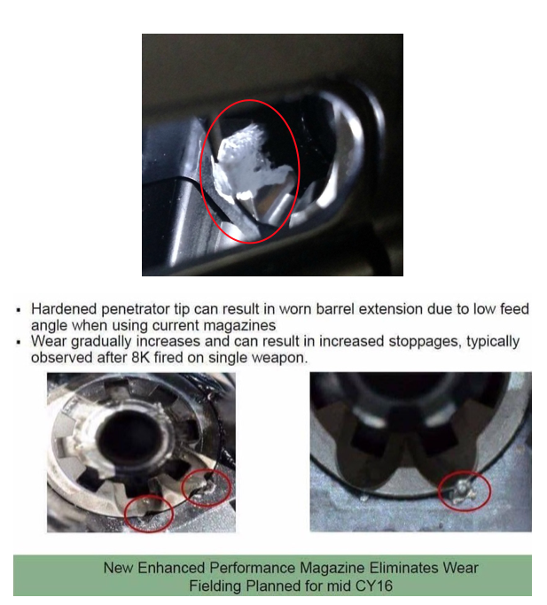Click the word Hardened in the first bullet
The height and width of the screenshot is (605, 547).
(64, 309)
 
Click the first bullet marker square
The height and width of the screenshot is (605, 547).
(19, 310)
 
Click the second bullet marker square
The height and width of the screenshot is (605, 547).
(19, 342)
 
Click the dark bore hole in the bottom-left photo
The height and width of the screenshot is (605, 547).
(128, 436)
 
